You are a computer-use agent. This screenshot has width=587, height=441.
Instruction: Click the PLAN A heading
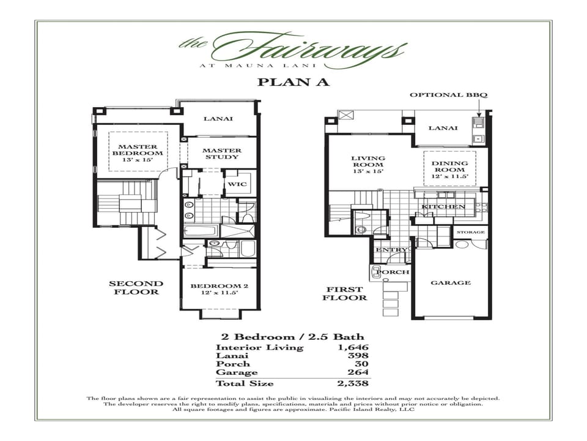point(293,82)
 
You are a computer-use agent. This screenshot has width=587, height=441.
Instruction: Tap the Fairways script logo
point(293,51)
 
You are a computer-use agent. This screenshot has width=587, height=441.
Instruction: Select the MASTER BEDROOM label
point(138,150)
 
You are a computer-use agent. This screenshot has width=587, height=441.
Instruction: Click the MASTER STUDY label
point(221,154)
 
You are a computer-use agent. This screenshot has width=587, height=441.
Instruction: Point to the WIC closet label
point(237,184)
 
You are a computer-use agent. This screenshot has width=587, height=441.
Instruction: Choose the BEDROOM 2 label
point(220,286)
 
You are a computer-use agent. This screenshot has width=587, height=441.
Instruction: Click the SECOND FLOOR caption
point(136,288)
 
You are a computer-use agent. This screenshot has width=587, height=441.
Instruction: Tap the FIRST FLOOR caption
point(345,293)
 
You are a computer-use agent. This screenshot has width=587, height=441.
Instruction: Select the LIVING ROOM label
point(369,161)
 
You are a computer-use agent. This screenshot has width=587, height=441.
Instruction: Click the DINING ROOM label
point(449,167)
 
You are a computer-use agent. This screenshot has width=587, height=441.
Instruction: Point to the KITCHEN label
point(443,206)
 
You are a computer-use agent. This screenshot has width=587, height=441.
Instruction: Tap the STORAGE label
point(471,232)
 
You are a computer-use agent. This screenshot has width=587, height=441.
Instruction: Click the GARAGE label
point(451,283)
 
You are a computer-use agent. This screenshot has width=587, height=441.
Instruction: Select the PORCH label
point(393,272)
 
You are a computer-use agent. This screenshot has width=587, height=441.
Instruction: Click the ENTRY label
point(391,250)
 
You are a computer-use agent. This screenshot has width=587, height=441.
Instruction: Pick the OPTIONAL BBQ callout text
point(449,94)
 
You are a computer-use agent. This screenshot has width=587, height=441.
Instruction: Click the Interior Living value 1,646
point(353,347)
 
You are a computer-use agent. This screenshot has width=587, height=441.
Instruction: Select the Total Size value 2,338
point(353,383)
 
